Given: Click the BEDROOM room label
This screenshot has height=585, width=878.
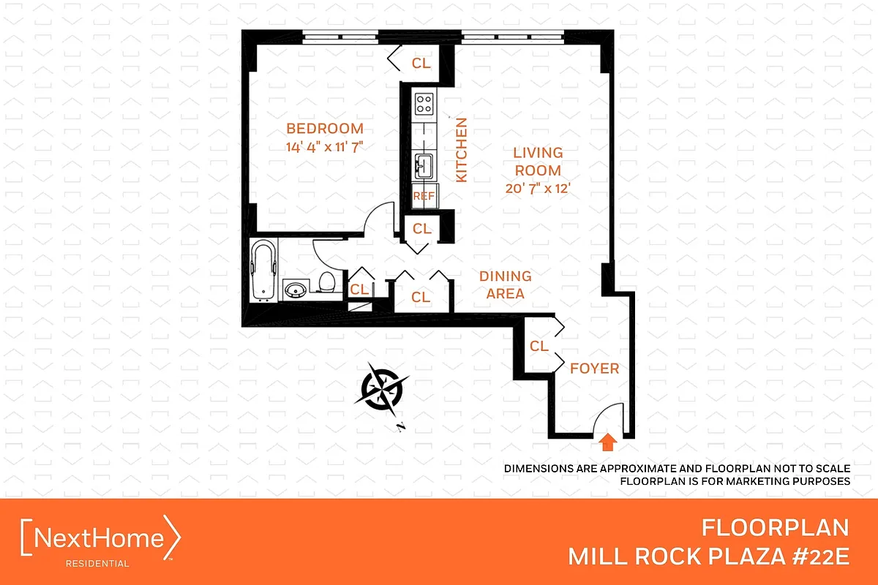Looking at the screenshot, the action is (325, 129).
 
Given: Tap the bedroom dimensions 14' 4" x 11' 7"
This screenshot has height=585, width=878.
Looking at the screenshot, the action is (325, 147).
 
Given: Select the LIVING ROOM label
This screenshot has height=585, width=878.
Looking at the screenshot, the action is (538, 162).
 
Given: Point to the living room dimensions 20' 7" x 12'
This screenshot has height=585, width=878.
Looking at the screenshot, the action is (537, 189).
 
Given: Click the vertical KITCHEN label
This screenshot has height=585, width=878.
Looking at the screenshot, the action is (462, 150).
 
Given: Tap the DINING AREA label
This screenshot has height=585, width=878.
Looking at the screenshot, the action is (506, 285).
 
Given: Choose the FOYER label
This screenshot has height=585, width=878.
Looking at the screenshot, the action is (594, 369).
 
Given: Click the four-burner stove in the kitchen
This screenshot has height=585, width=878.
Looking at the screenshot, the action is (424, 104).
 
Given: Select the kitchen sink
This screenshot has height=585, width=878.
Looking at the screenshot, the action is (424, 166).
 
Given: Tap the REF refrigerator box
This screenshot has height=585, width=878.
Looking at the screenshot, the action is (424, 196).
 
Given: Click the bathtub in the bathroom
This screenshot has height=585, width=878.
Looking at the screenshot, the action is (263, 270).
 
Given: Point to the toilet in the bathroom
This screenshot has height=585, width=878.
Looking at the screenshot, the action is (327, 282).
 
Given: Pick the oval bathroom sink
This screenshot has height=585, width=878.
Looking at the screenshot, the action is (296, 290).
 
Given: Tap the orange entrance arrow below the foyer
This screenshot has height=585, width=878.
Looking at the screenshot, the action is (607, 442).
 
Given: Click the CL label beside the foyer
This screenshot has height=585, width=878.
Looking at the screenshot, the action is (539, 346).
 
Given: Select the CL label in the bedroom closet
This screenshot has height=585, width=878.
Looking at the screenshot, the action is (421, 63).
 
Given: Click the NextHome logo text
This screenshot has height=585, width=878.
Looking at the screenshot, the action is (99, 537).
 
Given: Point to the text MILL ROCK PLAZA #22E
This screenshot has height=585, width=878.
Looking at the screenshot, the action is (709, 556).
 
